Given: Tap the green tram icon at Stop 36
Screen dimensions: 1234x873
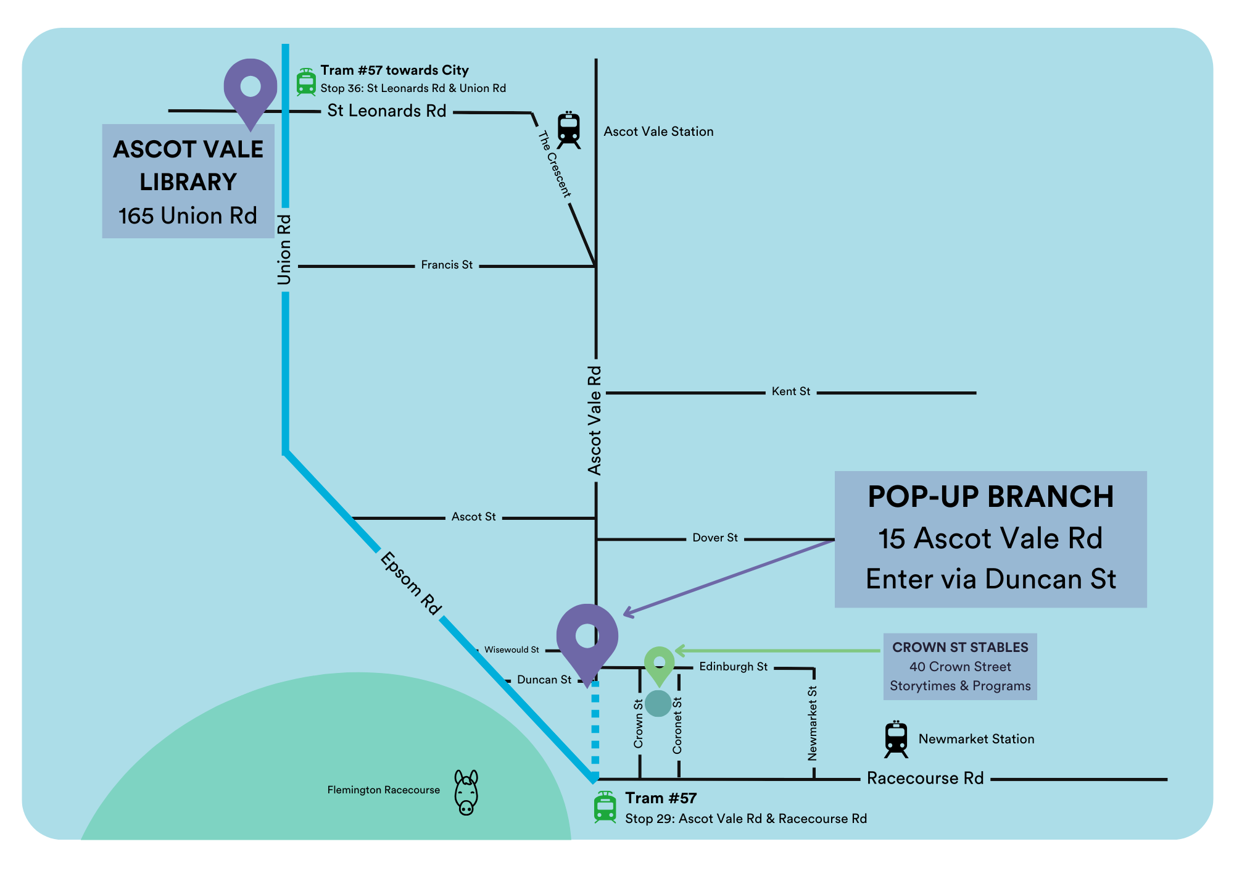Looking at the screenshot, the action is coord(306,82).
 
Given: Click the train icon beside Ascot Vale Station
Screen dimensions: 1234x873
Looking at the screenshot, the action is coord(568,130).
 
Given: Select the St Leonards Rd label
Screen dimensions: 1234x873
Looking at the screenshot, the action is coord(387,111).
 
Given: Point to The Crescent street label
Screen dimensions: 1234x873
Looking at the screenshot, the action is coord(555,164).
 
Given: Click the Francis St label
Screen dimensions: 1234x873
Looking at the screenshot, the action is coord(447,265).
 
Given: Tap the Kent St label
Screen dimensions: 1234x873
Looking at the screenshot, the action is coord(791,391).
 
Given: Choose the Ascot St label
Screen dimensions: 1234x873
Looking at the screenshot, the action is coord(473,517).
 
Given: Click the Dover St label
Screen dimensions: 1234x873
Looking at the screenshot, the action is coord(715,538).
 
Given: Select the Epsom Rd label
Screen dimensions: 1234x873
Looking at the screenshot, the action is coord(411,583).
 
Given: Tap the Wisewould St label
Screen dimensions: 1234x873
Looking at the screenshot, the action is coord(511,650).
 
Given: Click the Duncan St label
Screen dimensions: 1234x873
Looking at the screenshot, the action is coord(544,680).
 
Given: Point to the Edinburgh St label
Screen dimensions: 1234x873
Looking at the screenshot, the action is coord(734,667).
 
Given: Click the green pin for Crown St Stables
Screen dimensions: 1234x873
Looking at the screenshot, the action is coord(660,666).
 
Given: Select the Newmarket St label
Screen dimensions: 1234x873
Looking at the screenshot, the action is coord(813,723).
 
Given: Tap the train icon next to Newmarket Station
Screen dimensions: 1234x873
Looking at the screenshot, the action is coord(896,739).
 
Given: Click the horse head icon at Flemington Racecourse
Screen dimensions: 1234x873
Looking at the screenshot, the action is coord(466,792).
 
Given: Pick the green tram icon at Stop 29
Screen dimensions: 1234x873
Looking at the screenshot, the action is coord(605,807).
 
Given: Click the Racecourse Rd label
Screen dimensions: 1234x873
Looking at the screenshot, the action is coord(925,778).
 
